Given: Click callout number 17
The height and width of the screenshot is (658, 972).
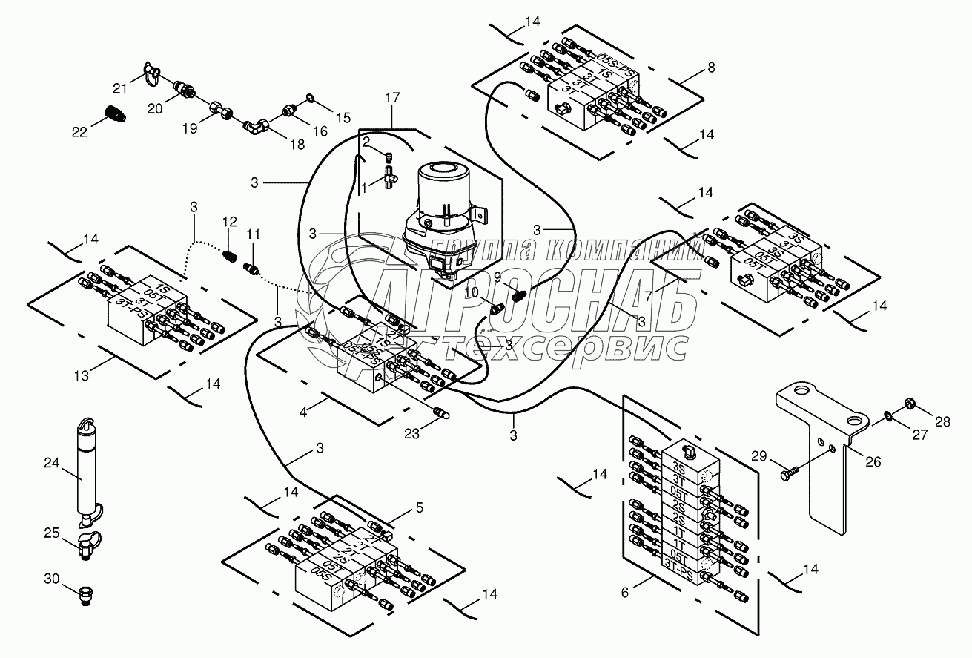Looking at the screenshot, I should point(392,96).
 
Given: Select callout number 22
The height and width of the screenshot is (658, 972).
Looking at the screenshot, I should point(79,131).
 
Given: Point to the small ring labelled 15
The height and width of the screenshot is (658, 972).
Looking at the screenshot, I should point(309,98).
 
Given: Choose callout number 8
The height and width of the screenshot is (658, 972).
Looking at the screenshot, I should point(711,68).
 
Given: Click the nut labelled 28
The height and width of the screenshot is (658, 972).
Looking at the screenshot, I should point(906,404).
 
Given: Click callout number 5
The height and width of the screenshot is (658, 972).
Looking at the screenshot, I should point(419,507).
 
